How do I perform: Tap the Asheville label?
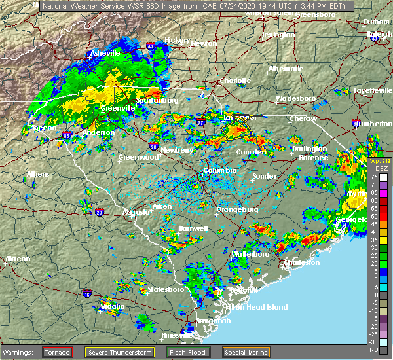[105, 52]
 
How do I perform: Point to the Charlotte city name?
[235, 81]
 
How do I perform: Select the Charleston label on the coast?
[301, 262]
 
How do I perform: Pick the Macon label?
[18, 259]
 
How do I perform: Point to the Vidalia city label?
[113, 306]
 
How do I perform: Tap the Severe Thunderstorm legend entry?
[121, 352]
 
